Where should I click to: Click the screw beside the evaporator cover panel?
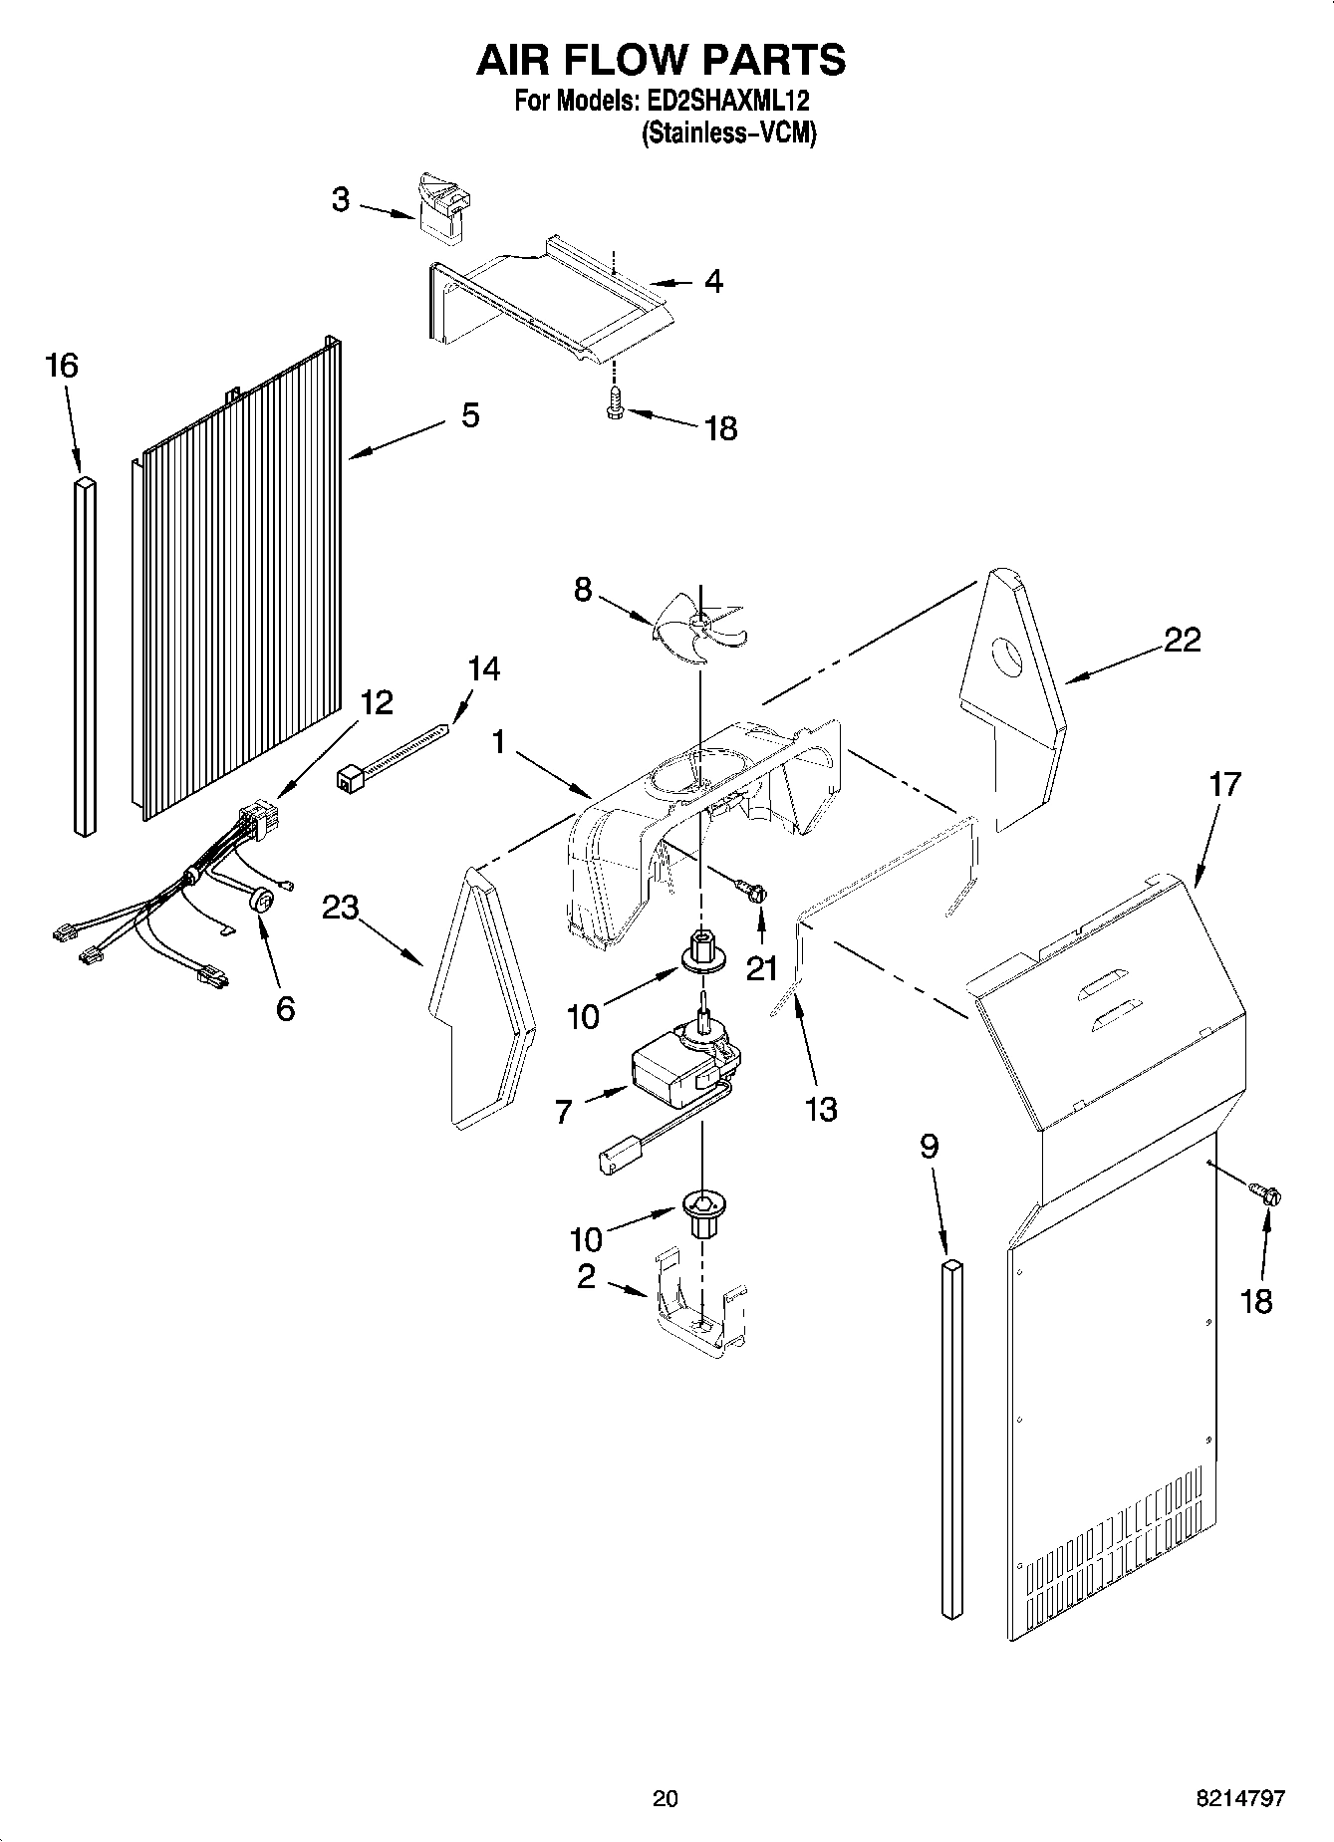(x=1266, y=1192)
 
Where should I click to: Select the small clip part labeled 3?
(x=443, y=207)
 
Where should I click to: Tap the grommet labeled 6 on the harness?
(x=262, y=902)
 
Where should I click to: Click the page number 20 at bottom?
(x=665, y=1798)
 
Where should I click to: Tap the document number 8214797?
(x=1239, y=1798)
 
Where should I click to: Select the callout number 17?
(x=1224, y=784)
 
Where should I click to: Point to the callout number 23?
(x=340, y=908)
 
